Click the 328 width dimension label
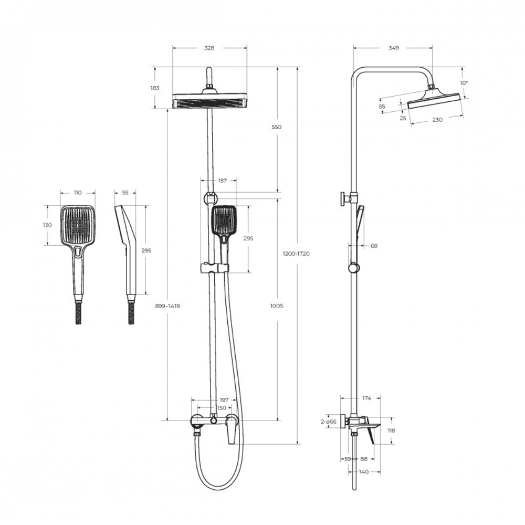[209, 48]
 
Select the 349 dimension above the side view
[393, 48]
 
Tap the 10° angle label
[464, 83]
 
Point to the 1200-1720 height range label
[296, 254]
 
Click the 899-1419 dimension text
[167, 306]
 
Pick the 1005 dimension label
[277, 306]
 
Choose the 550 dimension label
[277, 127]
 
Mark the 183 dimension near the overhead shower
[155, 88]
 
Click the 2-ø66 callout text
[329, 422]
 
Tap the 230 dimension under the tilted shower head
[437, 120]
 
